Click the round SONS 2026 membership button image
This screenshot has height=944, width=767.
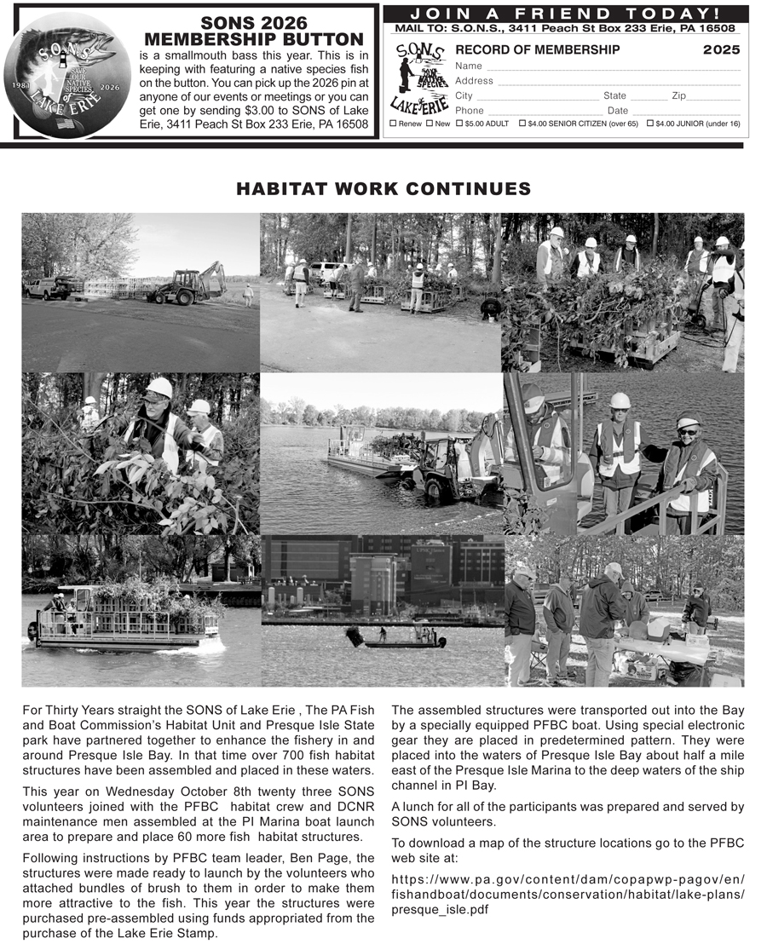point(67,75)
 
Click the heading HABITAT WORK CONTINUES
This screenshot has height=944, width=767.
point(383,189)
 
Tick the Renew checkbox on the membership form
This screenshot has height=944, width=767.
point(393,124)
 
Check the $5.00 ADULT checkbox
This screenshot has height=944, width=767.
point(460,124)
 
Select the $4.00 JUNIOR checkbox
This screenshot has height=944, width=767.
point(650,124)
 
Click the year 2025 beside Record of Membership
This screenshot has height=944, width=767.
point(721,50)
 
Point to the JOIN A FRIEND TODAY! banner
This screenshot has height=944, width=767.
point(565,13)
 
